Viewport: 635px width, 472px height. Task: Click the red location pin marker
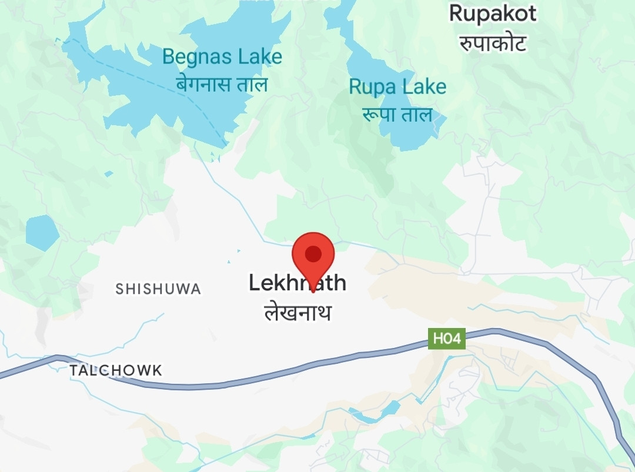tap(313, 259)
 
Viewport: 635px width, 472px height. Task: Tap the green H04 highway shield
tap(446, 339)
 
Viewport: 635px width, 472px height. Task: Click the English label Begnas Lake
tap(222, 57)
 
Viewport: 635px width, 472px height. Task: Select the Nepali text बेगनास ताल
tap(222, 84)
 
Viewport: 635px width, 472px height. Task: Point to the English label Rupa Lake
tap(397, 87)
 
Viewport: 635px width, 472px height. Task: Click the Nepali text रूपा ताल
tap(397, 114)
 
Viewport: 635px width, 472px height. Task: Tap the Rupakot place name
tap(493, 14)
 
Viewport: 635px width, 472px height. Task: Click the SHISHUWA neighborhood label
tap(158, 289)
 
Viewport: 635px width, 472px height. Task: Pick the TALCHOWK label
tap(115, 370)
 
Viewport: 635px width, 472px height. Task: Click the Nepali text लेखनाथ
tap(298, 312)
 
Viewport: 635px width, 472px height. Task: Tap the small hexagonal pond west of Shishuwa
tap(42, 233)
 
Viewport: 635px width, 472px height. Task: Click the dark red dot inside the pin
tap(313, 253)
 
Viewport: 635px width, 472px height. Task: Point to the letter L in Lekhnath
tap(254, 283)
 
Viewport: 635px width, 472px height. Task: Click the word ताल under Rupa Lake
tap(416, 114)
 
